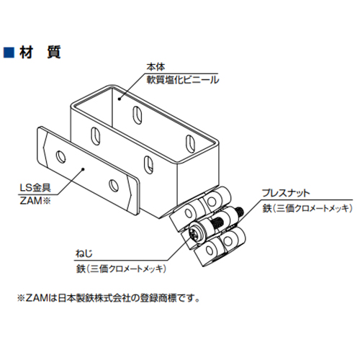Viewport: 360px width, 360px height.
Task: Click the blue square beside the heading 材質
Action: (x=9, y=53)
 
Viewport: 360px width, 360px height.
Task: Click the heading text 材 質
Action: (x=40, y=53)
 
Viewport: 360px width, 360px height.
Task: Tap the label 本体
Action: (x=156, y=67)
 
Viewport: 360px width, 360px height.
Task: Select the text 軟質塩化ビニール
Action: (x=183, y=80)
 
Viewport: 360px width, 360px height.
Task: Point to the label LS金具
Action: (x=35, y=188)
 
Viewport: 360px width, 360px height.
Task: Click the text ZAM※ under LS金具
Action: (x=35, y=201)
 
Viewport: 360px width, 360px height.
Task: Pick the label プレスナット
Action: (x=286, y=193)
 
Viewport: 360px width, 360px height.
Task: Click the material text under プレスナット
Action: (x=307, y=208)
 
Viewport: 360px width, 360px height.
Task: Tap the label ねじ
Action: (x=84, y=253)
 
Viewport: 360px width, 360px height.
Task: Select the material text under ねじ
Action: (x=121, y=269)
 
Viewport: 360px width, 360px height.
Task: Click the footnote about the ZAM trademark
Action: (x=109, y=298)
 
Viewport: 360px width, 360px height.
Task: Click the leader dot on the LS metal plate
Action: (x=83, y=169)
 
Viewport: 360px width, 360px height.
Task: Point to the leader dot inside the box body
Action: (x=120, y=99)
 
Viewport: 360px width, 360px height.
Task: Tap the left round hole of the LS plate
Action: (x=60, y=157)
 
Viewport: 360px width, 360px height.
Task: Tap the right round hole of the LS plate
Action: (x=114, y=186)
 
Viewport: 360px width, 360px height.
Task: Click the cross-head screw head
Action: (x=198, y=233)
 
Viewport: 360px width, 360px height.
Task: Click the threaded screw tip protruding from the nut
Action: (x=240, y=212)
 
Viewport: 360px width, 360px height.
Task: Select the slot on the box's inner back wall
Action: (x=137, y=115)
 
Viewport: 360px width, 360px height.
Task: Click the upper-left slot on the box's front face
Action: (x=95, y=136)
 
